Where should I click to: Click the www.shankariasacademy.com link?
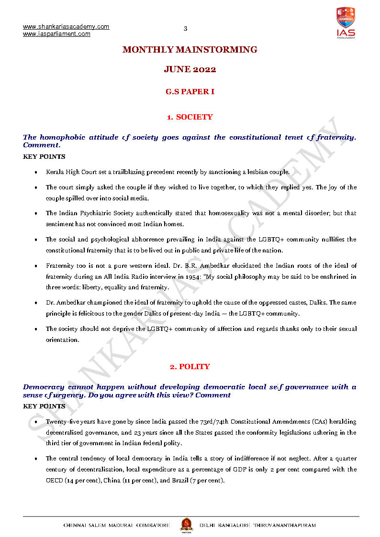tap(66, 27)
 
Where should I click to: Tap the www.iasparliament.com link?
tap(56, 34)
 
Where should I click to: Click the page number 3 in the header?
tap(185, 29)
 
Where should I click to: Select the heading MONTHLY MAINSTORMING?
tap(190, 50)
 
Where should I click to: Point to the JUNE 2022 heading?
tap(190, 69)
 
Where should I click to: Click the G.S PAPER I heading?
tap(190, 91)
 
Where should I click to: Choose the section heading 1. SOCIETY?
tap(190, 117)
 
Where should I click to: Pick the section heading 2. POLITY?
tap(190, 367)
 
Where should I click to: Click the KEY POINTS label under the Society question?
tap(44, 156)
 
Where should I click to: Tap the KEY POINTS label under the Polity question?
tap(44, 406)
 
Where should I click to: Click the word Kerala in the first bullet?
tap(54, 172)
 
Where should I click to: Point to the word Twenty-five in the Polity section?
tap(61, 422)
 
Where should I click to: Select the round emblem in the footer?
tap(185, 524)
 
